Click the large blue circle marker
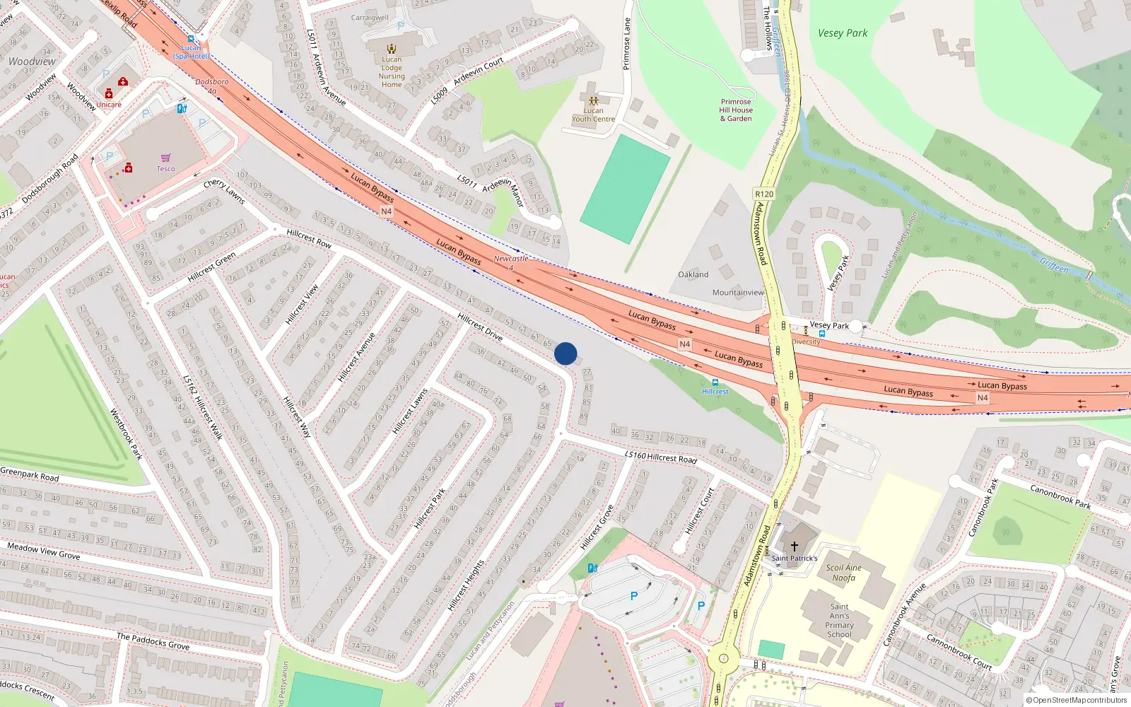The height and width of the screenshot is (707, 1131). [x=565, y=353]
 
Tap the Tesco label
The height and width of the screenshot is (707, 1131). [x=165, y=169]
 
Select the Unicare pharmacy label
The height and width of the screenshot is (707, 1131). [x=109, y=105]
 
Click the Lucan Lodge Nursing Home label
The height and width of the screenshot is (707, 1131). [x=392, y=72]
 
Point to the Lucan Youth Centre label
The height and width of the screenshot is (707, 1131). [x=593, y=115]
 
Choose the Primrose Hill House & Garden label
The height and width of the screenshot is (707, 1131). [x=736, y=110]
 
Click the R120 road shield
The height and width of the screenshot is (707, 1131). [x=764, y=194]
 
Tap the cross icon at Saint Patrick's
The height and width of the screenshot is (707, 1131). [x=794, y=546]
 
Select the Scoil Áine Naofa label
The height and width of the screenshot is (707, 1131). [x=843, y=573]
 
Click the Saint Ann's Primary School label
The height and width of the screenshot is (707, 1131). [x=839, y=620]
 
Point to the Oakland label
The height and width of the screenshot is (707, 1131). [x=693, y=274]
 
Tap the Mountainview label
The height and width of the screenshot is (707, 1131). [x=738, y=292]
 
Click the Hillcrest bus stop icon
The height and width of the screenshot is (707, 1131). [x=715, y=382]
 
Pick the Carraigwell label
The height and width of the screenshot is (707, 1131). [x=370, y=18]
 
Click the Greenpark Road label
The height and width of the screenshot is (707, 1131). [x=30, y=474]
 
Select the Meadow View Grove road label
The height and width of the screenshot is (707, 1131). [x=44, y=551]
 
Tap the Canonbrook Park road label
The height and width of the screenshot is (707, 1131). [x=1060, y=496]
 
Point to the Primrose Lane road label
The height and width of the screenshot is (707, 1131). [x=626, y=44]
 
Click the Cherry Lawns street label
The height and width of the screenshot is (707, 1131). [x=224, y=192]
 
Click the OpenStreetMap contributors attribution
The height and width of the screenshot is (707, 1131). [x=1076, y=701]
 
